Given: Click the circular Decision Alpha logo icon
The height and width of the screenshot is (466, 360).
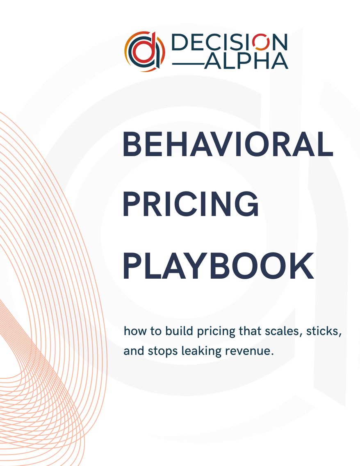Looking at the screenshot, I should (x=144, y=51).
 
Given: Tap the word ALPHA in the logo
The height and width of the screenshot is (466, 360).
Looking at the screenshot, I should (x=246, y=61).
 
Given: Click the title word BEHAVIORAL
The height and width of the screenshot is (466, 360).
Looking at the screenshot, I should (x=228, y=144).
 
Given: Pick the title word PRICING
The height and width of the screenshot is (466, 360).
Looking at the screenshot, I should (x=191, y=205).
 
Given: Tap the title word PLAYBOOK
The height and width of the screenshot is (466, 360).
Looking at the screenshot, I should (x=218, y=266).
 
